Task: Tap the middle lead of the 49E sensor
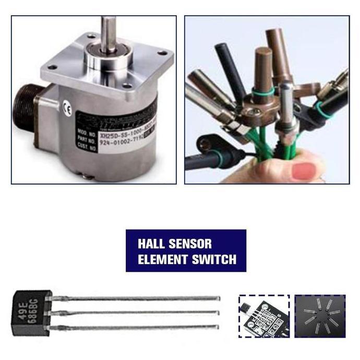tap(136, 312)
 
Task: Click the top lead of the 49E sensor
tap(136, 298)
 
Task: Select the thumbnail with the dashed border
tap(264, 316)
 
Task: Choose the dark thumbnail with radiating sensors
tap(320, 316)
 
